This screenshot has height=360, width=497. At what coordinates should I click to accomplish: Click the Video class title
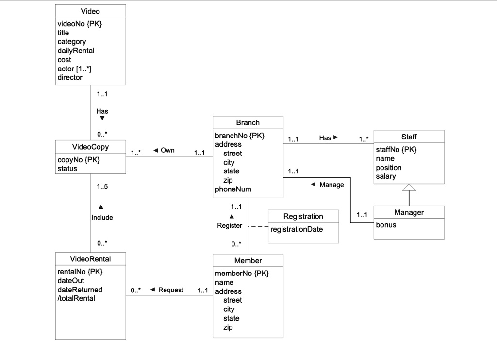[90, 11]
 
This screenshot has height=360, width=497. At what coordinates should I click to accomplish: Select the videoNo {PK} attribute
[80, 24]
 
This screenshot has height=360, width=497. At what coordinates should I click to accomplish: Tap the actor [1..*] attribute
[74, 69]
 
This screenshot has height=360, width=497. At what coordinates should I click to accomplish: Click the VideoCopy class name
[90, 147]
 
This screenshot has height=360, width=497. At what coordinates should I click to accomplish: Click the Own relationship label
[167, 150]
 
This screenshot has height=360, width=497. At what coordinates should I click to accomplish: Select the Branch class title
[248, 122]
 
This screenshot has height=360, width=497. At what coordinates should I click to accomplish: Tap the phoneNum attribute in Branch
[233, 189]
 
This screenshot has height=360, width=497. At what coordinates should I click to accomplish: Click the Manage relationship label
[331, 185]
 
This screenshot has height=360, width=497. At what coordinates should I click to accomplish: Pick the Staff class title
[409, 137]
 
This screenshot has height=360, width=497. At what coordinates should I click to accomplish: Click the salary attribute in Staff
[386, 176]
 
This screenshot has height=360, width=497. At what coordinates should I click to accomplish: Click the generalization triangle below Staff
[409, 188]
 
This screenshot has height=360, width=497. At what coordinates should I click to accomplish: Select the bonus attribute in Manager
[386, 225]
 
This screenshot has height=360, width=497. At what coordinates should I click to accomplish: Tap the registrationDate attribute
[296, 229]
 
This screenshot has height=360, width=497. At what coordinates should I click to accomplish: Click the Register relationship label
[230, 226]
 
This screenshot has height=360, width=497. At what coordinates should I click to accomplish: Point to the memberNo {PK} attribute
[242, 274]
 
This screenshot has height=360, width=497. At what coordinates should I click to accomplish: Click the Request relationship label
[171, 290]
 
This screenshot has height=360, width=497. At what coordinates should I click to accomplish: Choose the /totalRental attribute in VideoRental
[76, 298]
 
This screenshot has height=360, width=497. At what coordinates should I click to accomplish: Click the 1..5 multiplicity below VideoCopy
[102, 187]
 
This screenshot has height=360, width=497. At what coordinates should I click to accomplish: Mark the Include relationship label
[102, 217]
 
